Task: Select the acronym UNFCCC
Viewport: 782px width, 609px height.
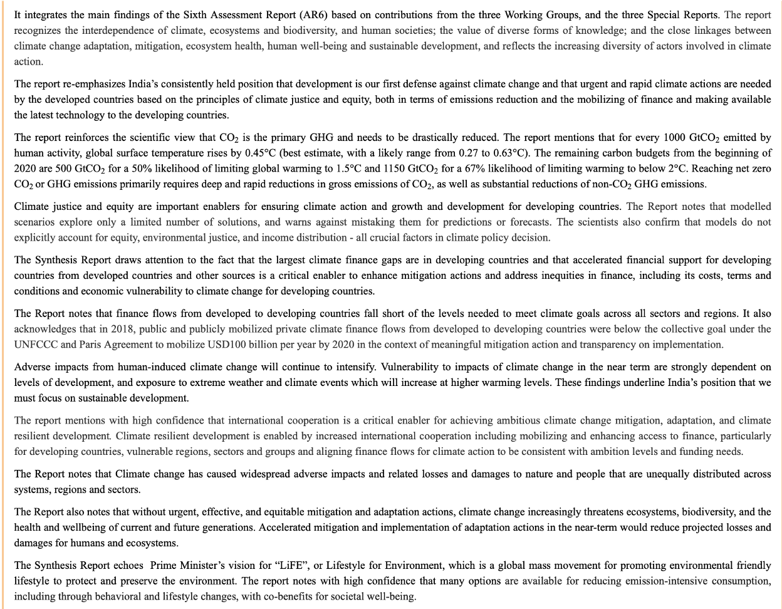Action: (x=36, y=345)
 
